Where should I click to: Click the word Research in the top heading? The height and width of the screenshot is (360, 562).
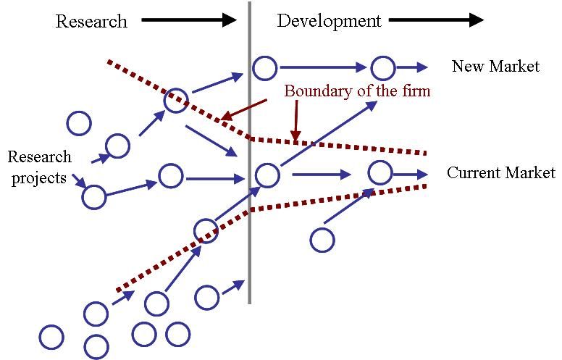tap(91, 21)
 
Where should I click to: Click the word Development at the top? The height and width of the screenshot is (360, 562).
tap(329, 21)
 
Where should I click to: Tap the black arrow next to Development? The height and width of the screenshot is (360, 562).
tap(436, 20)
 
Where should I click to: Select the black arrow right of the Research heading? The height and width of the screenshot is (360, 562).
tap(189, 20)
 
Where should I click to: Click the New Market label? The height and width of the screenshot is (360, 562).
tap(495, 67)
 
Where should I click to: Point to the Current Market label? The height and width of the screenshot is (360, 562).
tap(500, 173)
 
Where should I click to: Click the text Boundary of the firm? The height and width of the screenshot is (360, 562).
tap(357, 91)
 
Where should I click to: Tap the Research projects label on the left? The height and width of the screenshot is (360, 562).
tap(39, 167)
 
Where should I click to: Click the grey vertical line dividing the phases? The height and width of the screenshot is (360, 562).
tap(249, 153)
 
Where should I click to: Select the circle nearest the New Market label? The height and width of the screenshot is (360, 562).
tap(383, 56)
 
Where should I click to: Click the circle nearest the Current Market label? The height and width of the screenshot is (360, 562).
tap(380, 161)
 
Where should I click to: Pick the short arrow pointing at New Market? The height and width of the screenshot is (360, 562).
tap(412, 67)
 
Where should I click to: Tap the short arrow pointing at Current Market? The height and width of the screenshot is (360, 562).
tap(411, 175)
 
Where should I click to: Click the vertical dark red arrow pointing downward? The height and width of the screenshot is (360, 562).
tap(296, 120)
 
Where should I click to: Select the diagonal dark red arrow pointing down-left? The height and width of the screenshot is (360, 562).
tap(244, 109)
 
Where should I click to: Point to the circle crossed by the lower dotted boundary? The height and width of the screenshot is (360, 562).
tap(206, 219)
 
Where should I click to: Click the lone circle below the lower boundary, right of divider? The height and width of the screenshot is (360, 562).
tap(322, 227)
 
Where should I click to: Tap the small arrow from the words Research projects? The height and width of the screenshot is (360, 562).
tap(80, 180)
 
